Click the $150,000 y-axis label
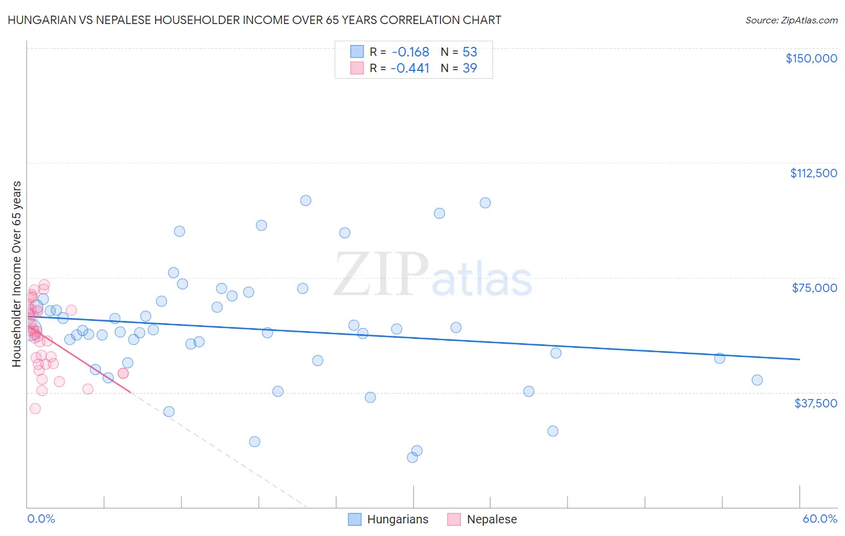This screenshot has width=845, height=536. (811, 58)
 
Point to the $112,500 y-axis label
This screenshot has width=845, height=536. (813, 173)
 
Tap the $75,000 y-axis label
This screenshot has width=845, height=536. (814, 288)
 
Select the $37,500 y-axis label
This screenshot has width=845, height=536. (816, 403)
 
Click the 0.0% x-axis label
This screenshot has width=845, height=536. (41, 519)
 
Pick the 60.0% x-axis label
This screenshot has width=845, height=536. (820, 519)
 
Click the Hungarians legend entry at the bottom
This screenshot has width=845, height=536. (389, 519)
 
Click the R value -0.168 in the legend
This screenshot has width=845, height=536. (410, 52)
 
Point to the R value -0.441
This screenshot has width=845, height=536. (410, 69)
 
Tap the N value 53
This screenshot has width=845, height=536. (469, 52)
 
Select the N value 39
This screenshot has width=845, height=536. (469, 69)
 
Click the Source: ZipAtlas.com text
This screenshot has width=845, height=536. (791, 20)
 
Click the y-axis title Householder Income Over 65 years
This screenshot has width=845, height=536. (17, 274)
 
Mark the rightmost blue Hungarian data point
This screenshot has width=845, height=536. (757, 380)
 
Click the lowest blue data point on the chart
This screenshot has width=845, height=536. (412, 457)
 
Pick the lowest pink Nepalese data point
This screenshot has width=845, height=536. (35, 409)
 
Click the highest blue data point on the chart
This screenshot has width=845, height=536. (305, 201)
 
